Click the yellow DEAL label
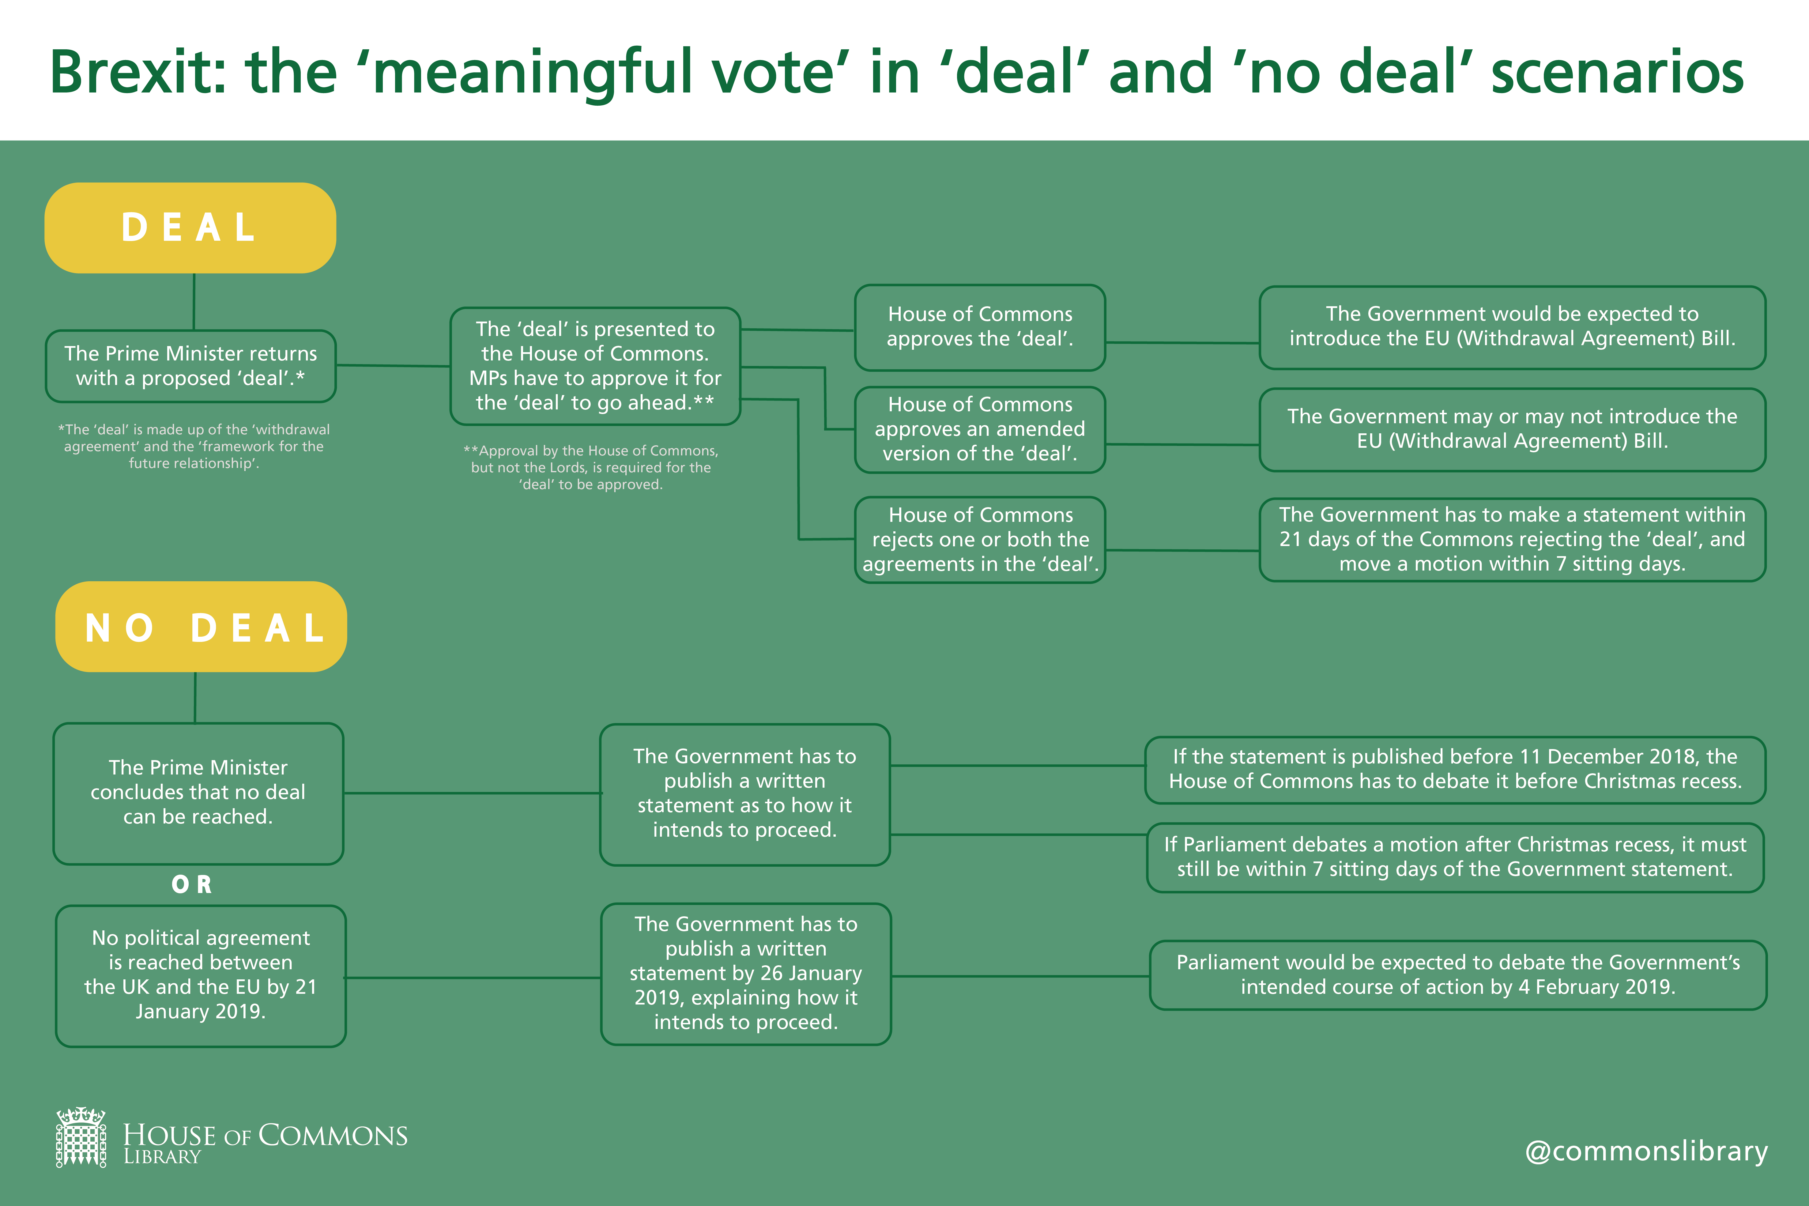pyautogui.click(x=190, y=228)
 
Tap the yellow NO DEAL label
pyautogui.click(x=202, y=627)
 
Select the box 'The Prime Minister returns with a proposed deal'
pyautogui.click(x=191, y=366)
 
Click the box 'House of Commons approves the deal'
pyautogui.click(x=980, y=327)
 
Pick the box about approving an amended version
pyautogui.click(x=980, y=429)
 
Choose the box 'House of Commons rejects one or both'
pyautogui.click(x=980, y=539)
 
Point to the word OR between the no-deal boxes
pyautogui.click(x=191, y=884)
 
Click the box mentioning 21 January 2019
pyautogui.click(x=201, y=975)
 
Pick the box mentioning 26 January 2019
pyautogui.click(x=745, y=974)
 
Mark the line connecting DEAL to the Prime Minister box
pyautogui.click(x=194, y=301)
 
